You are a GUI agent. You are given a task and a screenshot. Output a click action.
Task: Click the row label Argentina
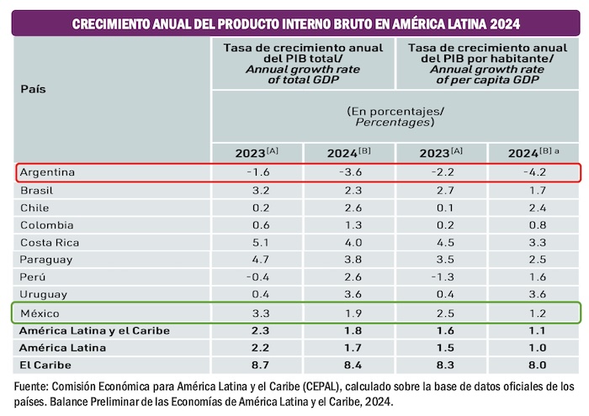[x=47, y=172]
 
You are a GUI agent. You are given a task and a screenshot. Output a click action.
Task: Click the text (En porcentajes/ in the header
[x=395, y=111]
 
